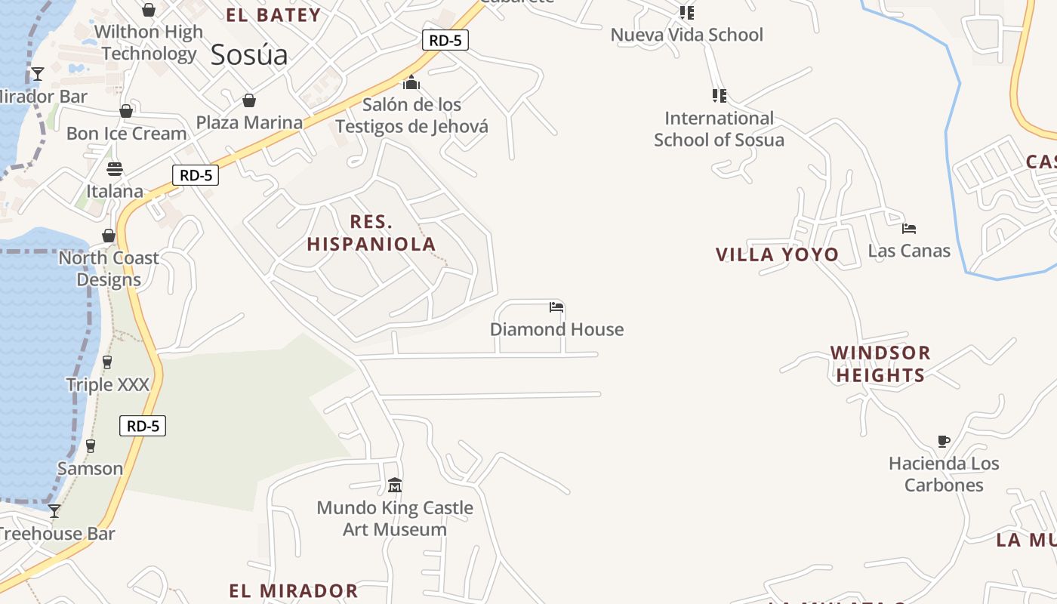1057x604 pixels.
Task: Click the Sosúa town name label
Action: (x=249, y=55)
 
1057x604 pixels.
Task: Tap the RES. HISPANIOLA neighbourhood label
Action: (x=371, y=233)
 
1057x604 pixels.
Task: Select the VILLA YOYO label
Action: (x=777, y=254)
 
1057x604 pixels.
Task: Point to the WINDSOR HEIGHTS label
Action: (x=880, y=364)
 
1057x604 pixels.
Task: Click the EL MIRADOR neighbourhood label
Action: (x=294, y=590)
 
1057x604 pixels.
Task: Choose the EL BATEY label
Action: (x=273, y=15)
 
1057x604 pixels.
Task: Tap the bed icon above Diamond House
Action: (x=556, y=307)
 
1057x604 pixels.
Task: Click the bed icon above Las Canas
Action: (x=909, y=228)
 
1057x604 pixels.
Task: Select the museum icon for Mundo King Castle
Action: (x=394, y=485)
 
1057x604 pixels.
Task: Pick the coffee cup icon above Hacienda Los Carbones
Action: (x=943, y=441)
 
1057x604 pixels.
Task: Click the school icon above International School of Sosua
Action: (x=719, y=96)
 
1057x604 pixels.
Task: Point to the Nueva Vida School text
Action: (x=686, y=35)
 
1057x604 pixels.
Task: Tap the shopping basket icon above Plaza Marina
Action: (x=248, y=100)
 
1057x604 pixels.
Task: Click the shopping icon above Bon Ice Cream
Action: (x=126, y=112)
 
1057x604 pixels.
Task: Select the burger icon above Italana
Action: (x=115, y=168)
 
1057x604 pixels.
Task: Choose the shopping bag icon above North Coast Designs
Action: (x=109, y=236)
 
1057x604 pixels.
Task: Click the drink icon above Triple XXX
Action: (x=107, y=362)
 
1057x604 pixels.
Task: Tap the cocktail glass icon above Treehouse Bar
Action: (x=54, y=511)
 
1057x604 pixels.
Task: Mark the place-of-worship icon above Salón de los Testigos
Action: (x=411, y=82)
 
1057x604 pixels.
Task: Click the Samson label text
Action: (x=91, y=469)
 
